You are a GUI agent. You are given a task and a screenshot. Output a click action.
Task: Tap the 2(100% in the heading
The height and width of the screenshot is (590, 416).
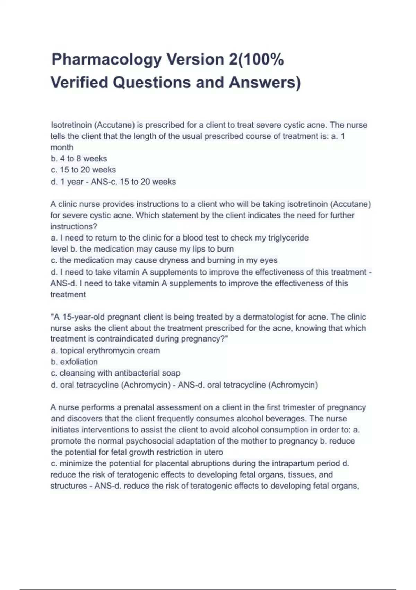(256, 60)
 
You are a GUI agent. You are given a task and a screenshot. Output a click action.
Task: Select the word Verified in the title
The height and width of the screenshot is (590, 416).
(79, 83)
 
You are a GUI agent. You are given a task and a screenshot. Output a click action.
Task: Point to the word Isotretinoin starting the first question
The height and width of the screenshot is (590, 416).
(71, 125)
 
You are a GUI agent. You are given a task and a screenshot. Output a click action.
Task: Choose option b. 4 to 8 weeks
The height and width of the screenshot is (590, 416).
(79, 159)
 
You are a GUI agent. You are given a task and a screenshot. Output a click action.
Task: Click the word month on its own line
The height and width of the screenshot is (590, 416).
(62, 147)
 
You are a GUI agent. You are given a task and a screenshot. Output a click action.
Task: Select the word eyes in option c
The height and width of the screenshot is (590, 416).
(269, 260)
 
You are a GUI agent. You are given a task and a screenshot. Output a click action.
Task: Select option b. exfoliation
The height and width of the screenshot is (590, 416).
(74, 362)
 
